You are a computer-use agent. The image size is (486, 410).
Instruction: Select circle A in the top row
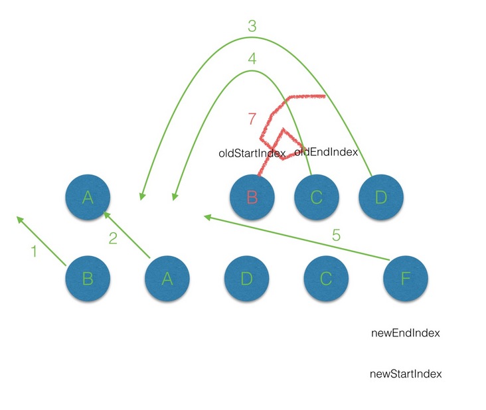click(87, 198)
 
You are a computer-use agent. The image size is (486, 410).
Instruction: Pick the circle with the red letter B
click(252, 198)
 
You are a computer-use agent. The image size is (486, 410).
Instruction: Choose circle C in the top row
click(317, 198)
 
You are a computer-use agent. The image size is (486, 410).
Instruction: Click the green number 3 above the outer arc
click(252, 27)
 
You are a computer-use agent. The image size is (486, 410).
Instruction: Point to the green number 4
click(252, 58)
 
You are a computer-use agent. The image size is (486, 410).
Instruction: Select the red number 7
click(252, 119)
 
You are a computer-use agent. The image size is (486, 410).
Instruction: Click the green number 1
click(33, 251)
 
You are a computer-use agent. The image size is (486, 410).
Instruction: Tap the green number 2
click(113, 239)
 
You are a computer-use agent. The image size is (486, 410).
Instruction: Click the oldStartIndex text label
click(252, 153)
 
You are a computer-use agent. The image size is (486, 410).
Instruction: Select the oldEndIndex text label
click(326, 152)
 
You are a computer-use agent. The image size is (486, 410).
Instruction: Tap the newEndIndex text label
click(406, 333)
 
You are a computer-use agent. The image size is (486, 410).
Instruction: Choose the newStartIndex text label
click(406, 374)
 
